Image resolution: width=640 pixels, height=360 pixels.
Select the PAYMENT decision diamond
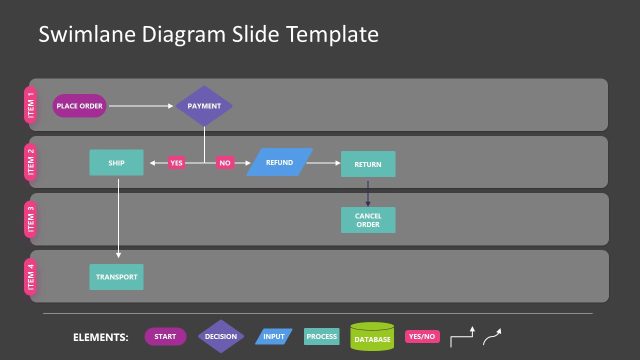tap(204, 105)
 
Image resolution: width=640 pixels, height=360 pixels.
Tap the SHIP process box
tap(115, 162)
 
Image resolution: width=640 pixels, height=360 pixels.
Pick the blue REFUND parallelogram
tap(279, 162)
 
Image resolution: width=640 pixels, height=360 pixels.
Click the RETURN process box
tap(368, 163)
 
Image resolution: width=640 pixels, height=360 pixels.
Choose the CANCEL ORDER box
tap(368, 220)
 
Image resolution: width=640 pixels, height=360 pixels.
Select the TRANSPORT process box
tap(115, 277)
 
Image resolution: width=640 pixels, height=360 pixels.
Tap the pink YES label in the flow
tap(177, 162)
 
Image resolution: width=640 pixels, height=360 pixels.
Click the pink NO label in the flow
tap(225, 162)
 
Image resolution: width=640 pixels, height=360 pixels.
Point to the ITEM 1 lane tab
tap(31, 105)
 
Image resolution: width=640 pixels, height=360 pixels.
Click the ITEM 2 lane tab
tap(31, 162)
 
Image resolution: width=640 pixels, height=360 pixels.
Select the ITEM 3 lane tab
tap(31, 220)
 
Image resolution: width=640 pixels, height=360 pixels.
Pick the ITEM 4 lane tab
tap(31, 277)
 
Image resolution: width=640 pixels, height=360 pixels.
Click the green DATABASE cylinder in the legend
tap(372, 338)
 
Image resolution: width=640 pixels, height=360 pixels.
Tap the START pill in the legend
tap(165, 337)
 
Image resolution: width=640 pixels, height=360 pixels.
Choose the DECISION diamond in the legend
tap(220, 337)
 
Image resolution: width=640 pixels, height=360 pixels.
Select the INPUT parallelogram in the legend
tap(272, 337)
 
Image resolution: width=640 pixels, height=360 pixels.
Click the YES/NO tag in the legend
tap(421, 337)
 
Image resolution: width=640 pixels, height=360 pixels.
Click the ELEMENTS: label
tap(101, 338)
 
